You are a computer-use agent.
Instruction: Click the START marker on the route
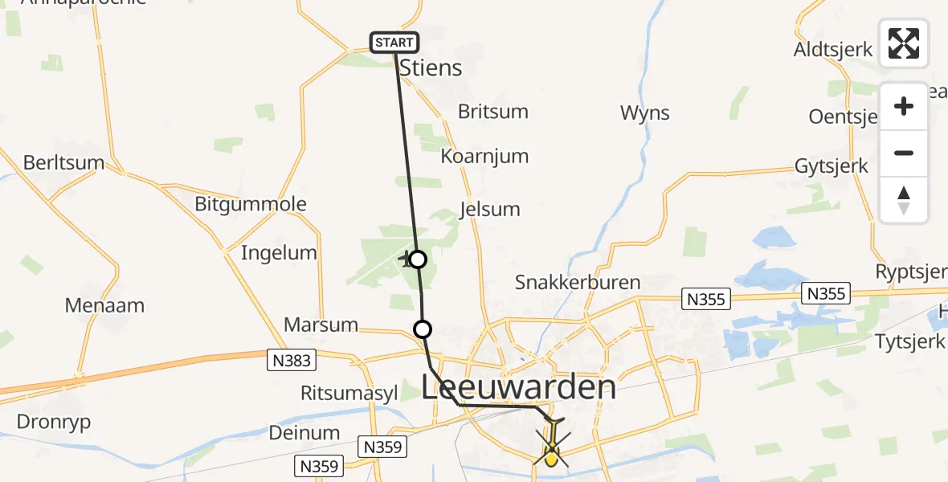[394, 43]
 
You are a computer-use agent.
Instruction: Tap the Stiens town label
[431, 68]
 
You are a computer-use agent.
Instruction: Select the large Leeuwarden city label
[519, 388]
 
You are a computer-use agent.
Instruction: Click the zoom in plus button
[904, 107]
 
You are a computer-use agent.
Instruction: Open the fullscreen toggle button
[904, 43]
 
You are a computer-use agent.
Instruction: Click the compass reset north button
[904, 200]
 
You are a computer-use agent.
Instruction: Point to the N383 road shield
[291, 361]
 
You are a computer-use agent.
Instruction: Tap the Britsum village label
[493, 112]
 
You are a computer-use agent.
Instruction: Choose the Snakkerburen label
[578, 283]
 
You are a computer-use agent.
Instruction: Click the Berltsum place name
[64, 163]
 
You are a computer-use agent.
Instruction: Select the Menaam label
[106, 305]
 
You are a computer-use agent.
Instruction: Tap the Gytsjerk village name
[831, 166]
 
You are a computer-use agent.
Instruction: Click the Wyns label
[644, 113]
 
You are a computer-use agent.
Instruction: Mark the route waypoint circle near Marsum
[422, 329]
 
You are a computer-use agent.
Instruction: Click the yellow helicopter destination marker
[551, 450]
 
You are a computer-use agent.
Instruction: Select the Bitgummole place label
[251, 204]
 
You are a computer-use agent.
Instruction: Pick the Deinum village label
[304, 433]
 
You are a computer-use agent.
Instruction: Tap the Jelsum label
[489, 210]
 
